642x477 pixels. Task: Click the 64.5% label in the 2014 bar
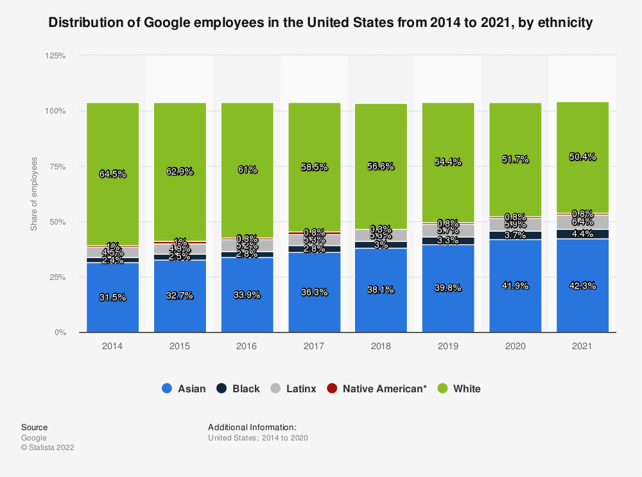113,174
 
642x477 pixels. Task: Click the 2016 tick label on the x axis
247,345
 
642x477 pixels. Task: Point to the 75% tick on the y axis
57,166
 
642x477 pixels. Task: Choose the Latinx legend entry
293,388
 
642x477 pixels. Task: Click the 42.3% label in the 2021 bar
582,285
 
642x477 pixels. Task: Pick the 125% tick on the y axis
55,56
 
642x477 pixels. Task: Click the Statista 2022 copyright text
48,447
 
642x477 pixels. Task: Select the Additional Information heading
252,427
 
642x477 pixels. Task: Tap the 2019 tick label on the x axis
448,345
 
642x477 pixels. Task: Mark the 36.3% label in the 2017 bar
314,292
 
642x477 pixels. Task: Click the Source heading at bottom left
34,427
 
